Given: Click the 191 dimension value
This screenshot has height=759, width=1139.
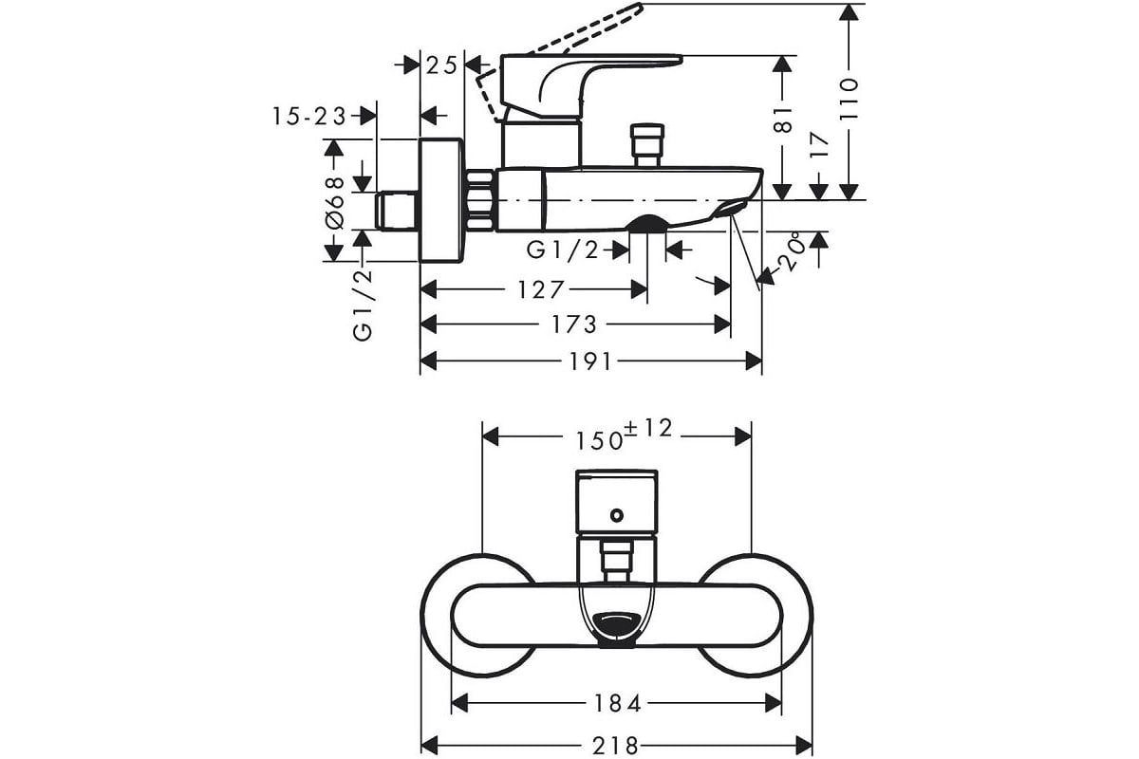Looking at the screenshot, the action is [x=590, y=362].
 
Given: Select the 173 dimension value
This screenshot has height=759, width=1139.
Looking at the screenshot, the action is [x=574, y=324].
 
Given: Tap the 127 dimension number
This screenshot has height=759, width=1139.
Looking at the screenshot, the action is [x=540, y=289].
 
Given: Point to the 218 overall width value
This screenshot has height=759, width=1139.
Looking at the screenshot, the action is [x=615, y=747].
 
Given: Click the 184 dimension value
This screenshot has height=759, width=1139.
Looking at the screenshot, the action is [x=617, y=704].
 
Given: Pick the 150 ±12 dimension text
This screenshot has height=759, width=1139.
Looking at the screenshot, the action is [x=624, y=435].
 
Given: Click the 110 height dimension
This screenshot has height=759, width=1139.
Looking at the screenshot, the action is [x=849, y=99].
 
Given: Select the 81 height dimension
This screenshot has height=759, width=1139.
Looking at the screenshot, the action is [x=782, y=120].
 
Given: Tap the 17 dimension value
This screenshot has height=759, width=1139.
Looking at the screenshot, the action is [x=819, y=145].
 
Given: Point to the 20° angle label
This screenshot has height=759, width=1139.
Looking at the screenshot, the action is [x=793, y=250].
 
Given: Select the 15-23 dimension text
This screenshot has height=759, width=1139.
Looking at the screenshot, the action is [x=309, y=117].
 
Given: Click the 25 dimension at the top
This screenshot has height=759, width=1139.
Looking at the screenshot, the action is [x=441, y=65].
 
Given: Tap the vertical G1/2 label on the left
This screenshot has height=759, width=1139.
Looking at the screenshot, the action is [x=363, y=305].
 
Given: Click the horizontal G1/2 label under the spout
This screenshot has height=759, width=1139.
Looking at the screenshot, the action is [x=562, y=250].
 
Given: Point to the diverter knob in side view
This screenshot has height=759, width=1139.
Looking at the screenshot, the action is [x=646, y=145].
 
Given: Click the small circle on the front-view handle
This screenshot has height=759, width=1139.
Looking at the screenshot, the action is [x=617, y=515].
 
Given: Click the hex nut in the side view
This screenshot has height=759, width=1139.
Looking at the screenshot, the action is [x=479, y=201].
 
